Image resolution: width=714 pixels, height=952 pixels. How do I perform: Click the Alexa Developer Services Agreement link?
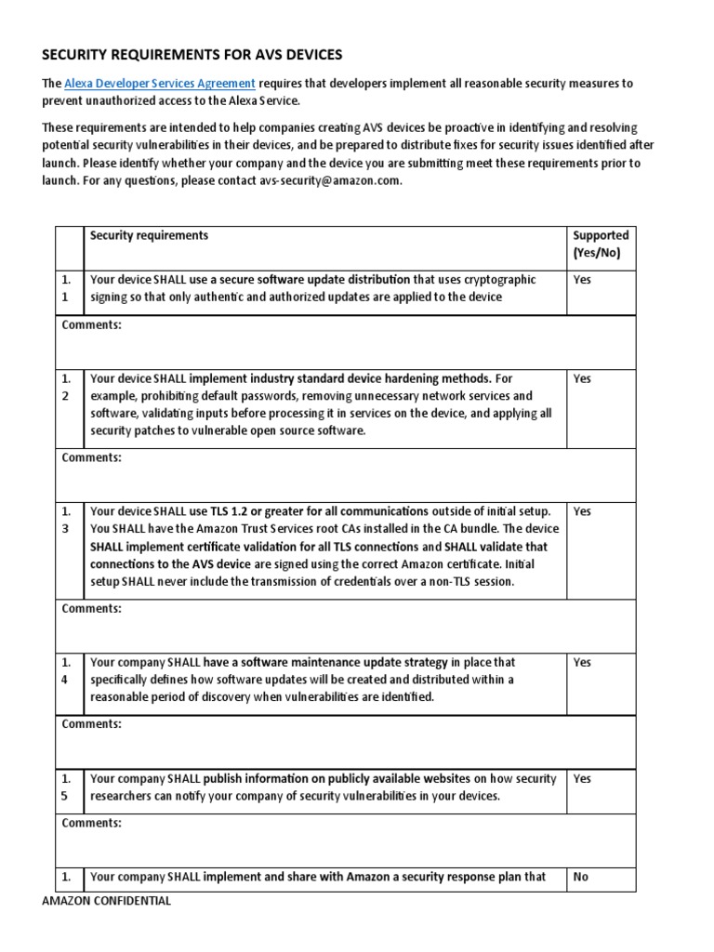coord(159,84)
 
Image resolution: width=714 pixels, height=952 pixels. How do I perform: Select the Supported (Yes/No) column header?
coord(601,244)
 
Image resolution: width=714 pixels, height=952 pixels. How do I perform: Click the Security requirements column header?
coord(149,236)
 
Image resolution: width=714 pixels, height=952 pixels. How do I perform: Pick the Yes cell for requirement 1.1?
coord(582,280)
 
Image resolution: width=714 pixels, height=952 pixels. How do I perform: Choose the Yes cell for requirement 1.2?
coord(582,379)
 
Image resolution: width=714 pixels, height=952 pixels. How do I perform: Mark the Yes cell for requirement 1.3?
coord(582,511)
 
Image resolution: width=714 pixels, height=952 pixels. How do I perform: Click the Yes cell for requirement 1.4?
coord(582,663)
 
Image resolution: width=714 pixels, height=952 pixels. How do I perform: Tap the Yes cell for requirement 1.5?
coord(582,779)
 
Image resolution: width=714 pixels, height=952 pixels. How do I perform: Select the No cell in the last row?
coord(581,877)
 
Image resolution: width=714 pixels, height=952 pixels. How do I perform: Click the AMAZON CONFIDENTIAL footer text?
coord(107,901)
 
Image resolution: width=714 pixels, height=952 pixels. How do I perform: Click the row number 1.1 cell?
coord(67,288)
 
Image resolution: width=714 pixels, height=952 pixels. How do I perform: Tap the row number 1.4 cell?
coord(67,671)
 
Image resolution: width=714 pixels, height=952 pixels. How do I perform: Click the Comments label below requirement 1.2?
coord(91,457)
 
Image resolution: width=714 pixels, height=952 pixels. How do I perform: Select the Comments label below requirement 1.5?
coord(91,823)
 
